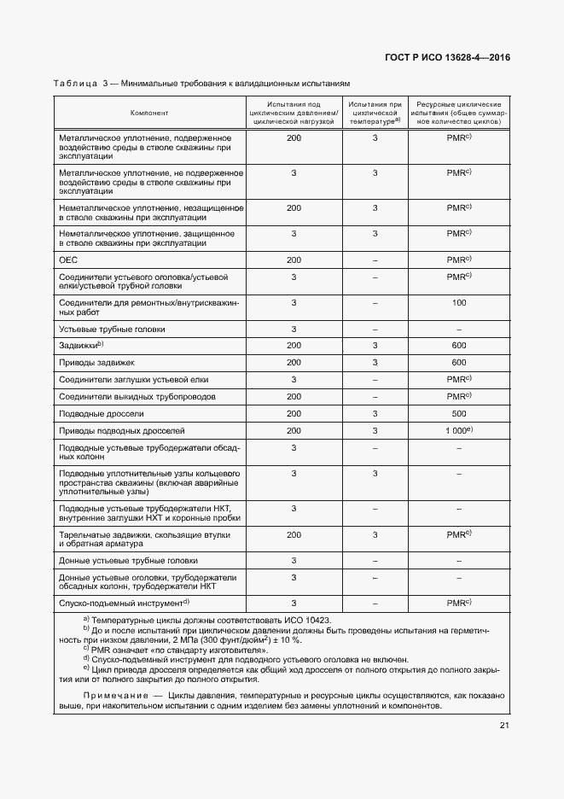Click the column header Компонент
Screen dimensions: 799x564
(x=149, y=113)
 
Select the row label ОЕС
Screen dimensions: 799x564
(x=68, y=260)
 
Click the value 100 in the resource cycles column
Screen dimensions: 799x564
(x=458, y=302)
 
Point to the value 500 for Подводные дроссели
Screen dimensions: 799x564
(x=458, y=413)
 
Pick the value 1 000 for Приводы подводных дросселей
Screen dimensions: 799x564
(x=456, y=431)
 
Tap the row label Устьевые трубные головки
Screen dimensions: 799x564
(x=112, y=329)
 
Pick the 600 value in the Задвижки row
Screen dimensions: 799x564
(x=458, y=345)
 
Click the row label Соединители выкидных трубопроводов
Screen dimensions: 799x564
(x=137, y=397)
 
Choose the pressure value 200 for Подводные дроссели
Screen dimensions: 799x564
(x=294, y=413)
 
